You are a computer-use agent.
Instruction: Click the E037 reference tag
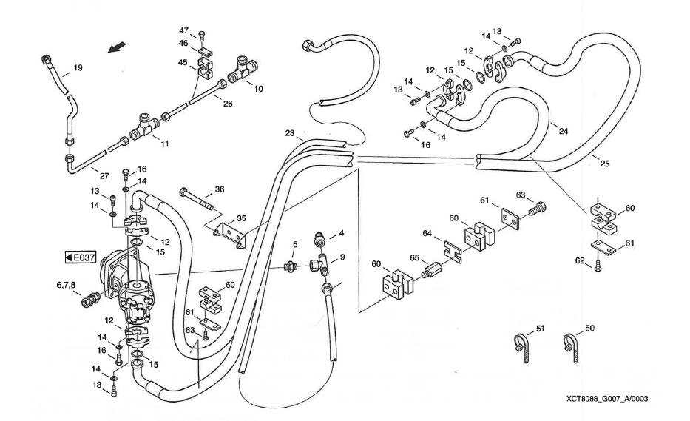point(81,257)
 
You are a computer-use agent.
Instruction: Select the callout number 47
point(184,30)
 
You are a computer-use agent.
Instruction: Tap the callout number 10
point(258,88)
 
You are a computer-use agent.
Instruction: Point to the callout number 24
point(564,132)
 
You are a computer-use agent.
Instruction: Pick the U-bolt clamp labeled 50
point(572,343)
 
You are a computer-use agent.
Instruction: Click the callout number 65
point(414,260)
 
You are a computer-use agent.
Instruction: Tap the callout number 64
point(427,234)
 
